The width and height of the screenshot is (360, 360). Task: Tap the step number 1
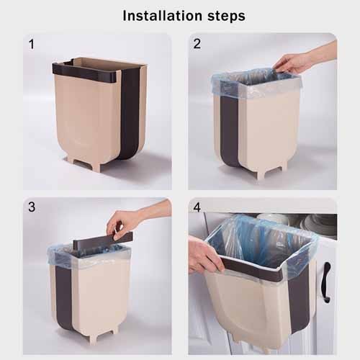tap(31, 45)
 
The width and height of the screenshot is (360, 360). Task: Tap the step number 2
tap(197, 45)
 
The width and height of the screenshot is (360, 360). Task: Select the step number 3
tap(31, 207)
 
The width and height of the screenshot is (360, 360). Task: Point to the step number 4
tap(197, 207)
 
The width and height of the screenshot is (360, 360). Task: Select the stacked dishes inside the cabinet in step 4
tap(318, 224)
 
